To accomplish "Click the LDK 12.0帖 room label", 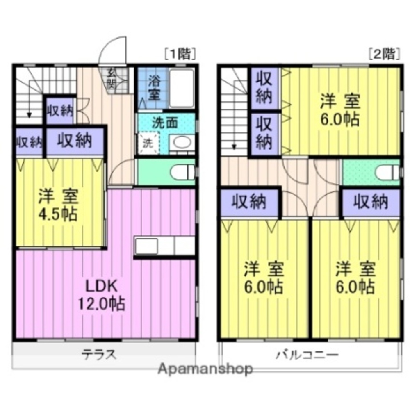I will [x=101, y=294].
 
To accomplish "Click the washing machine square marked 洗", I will [x=147, y=143].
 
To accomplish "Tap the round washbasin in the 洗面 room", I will [x=181, y=143].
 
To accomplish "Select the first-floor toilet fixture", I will [x=182, y=172].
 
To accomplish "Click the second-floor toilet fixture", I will [x=387, y=173].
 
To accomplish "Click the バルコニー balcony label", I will [x=307, y=353].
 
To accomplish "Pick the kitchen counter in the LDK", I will [x=164, y=246].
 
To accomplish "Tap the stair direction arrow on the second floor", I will [x=234, y=143].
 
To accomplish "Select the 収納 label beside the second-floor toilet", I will [x=371, y=202].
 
